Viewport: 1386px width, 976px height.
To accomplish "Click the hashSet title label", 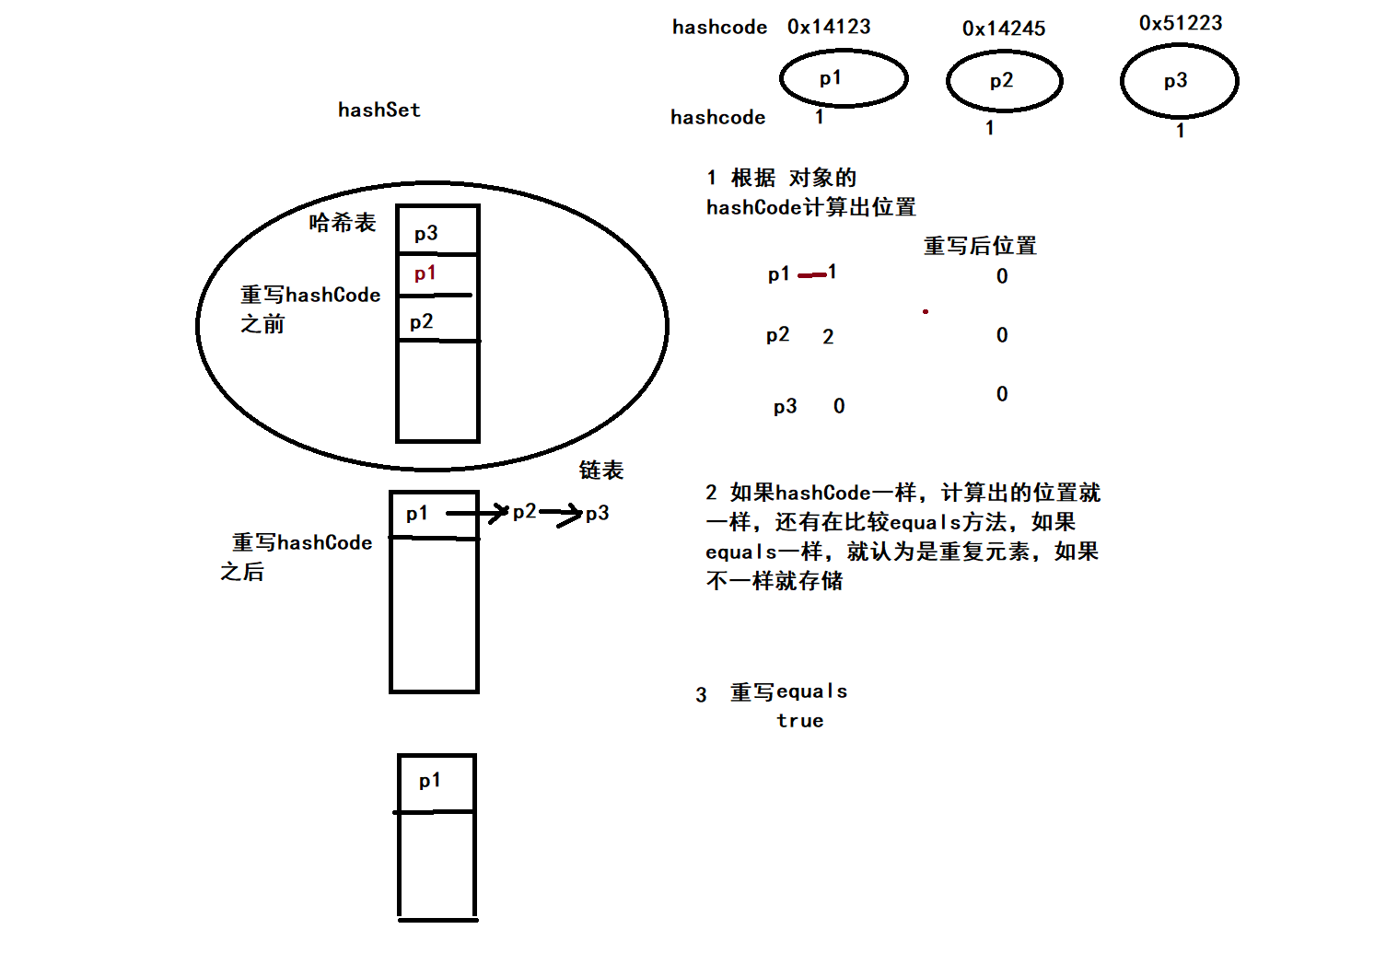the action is (379, 110).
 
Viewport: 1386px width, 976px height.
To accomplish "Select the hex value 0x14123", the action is (829, 27).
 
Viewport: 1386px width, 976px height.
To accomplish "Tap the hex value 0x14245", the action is (1004, 29).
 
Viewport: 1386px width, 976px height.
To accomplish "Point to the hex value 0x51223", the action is (1181, 23).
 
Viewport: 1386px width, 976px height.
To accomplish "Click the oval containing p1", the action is (844, 78).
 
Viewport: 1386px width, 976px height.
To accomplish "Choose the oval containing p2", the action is (1004, 81).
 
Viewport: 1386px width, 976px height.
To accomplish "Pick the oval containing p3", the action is (1179, 81).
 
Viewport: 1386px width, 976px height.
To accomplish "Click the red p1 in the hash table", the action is (425, 273).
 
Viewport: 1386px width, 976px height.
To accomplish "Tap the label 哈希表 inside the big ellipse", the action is (343, 223).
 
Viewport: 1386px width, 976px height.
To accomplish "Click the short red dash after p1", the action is (811, 274).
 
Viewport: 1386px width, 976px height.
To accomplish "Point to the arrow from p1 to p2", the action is (478, 513).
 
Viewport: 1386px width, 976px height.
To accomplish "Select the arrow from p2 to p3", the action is (561, 513).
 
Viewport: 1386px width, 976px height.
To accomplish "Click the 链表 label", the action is (601, 471).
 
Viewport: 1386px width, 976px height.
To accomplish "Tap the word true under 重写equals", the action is (799, 721).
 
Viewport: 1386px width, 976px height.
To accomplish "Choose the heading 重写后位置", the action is (980, 246).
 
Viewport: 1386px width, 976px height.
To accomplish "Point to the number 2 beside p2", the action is (828, 337).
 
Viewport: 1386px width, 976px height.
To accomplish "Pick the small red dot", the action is (926, 311).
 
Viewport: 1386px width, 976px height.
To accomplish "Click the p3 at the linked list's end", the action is (598, 514).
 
